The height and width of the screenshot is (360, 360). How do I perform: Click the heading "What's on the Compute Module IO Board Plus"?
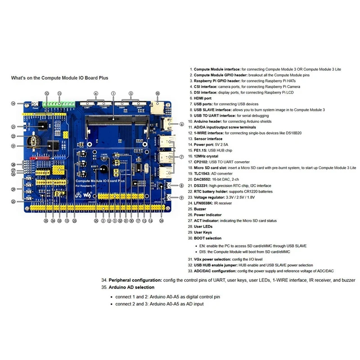click(60, 78)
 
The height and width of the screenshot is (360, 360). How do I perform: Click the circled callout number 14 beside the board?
click(13, 103)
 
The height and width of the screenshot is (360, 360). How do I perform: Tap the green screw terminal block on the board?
click(58, 104)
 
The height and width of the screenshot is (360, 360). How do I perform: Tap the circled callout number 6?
click(181, 124)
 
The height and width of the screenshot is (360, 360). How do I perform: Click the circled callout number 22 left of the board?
click(13, 136)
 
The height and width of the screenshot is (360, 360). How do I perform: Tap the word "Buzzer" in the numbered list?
click(200, 209)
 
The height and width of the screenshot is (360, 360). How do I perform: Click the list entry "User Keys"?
click(203, 232)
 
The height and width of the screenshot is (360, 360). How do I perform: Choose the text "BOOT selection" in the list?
click(207, 238)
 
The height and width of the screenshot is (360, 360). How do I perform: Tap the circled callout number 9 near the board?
click(181, 198)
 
